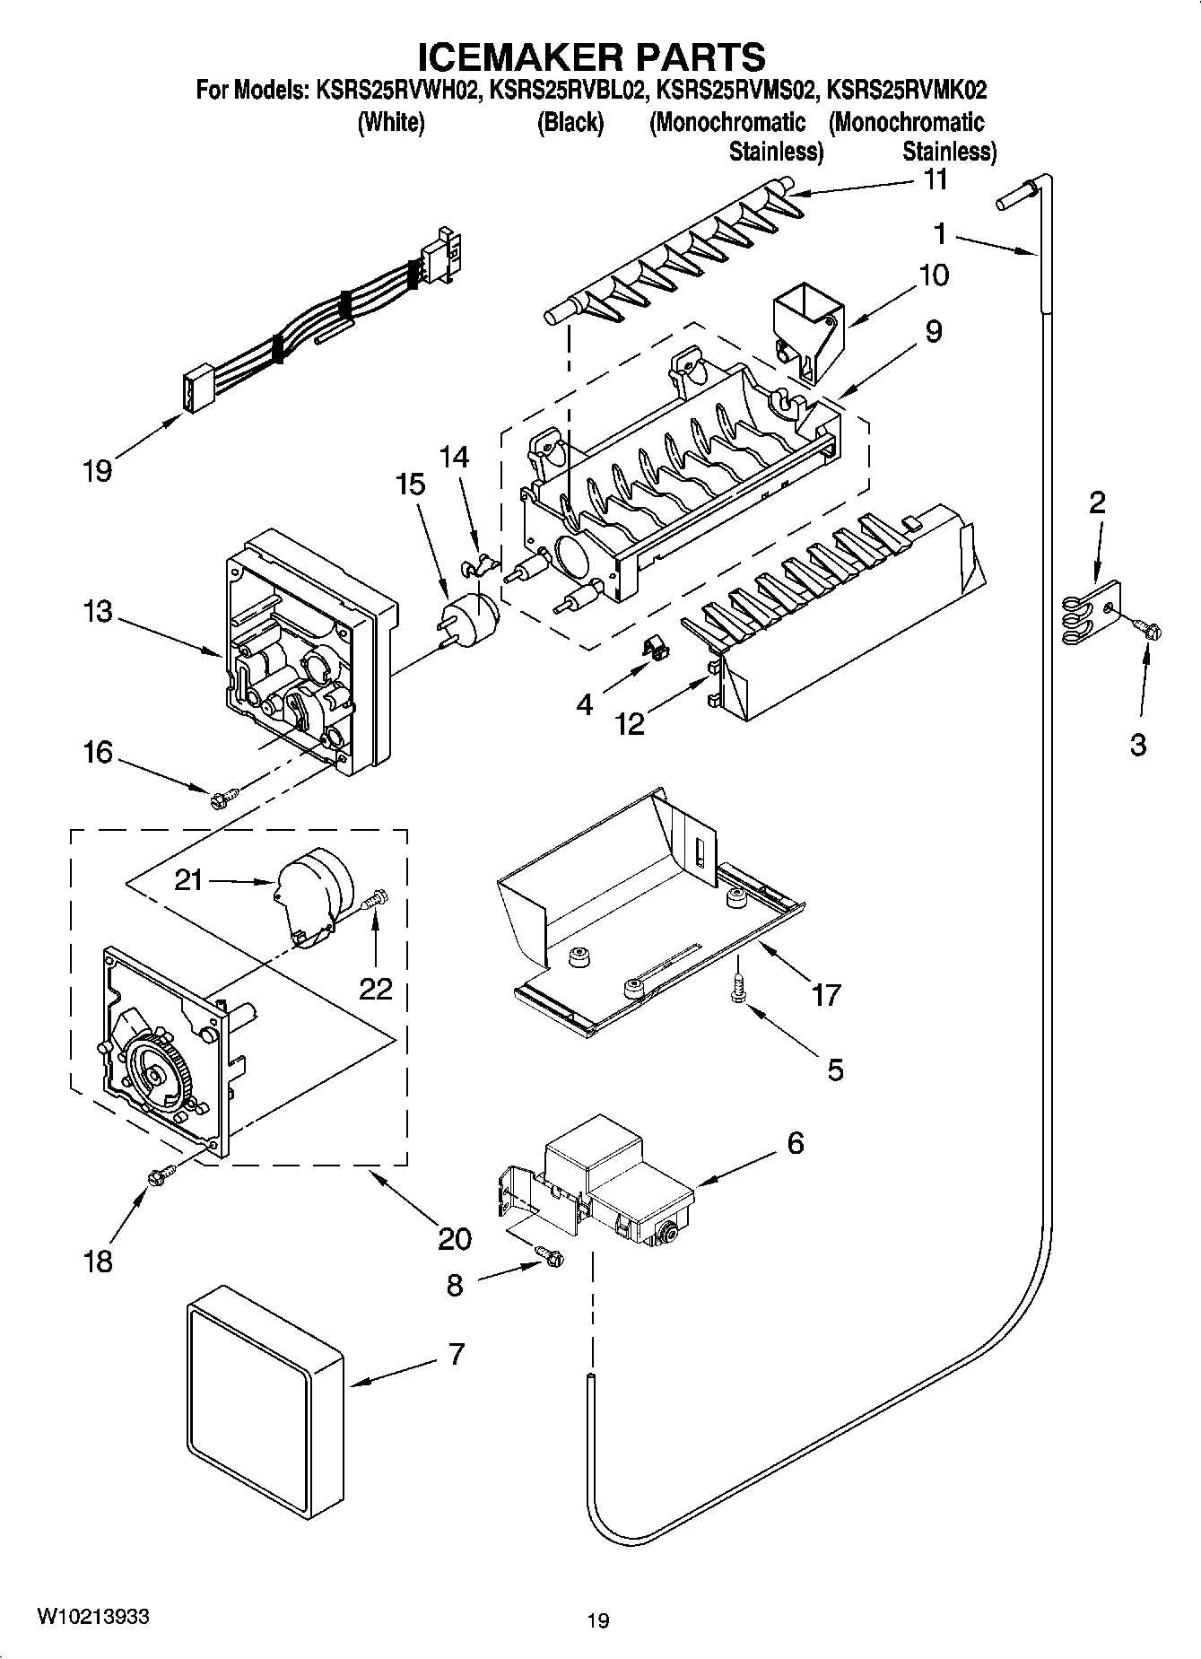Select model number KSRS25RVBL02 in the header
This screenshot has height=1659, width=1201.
tap(567, 91)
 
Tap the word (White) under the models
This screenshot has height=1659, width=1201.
tap(390, 123)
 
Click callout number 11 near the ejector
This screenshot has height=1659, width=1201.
tap(936, 179)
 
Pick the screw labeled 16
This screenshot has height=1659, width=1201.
tap(224, 795)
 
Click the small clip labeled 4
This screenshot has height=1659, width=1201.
tap(656, 646)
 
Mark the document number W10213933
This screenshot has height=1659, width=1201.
tap(93, 1616)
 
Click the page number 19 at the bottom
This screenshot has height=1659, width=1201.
tap(598, 1620)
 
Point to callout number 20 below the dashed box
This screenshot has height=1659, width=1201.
tap(455, 1238)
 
